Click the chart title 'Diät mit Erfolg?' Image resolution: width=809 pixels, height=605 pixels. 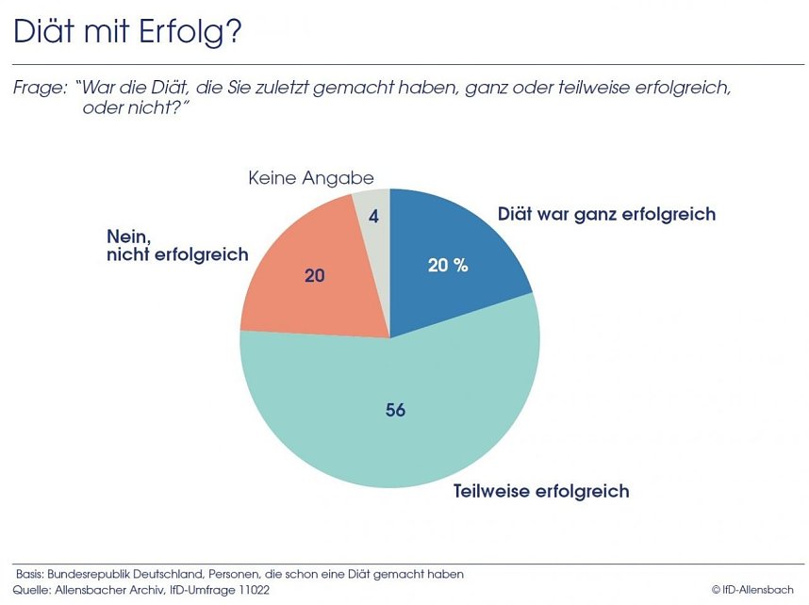point(127,32)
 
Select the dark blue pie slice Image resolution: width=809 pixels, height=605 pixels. point(453,245)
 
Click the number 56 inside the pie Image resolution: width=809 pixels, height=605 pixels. point(396,411)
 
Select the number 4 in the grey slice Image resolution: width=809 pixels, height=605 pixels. point(373,217)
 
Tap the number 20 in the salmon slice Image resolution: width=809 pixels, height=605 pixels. point(315,275)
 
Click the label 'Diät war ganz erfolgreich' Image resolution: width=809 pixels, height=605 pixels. point(606,214)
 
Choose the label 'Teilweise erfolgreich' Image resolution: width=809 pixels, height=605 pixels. point(540,491)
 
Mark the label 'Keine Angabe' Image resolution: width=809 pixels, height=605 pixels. point(310,178)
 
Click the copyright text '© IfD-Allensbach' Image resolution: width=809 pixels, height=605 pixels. point(754,589)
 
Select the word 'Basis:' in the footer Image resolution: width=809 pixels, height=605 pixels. point(32,574)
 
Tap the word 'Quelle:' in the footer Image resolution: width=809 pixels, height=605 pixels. point(32,589)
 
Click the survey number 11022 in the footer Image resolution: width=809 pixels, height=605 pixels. point(251,589)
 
